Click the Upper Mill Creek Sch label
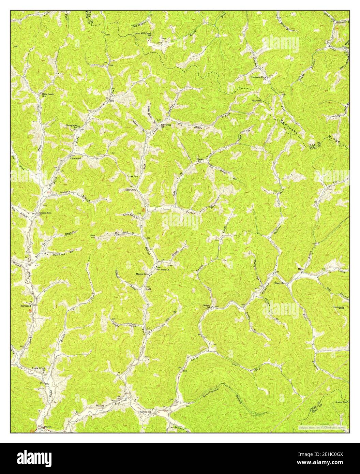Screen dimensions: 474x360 click(144, 34)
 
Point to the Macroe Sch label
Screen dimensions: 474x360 click(142, 274)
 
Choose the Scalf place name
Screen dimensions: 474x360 click(148, 289)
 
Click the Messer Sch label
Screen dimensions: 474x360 click(208, 306)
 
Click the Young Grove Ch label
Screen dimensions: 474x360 click(39, 369)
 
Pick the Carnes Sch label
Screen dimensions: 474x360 click(146, 412)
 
